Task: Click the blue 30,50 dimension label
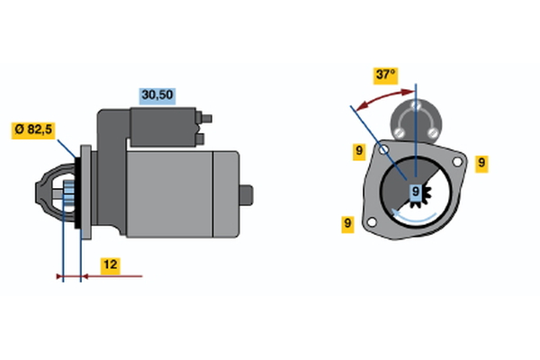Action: coord(157,94)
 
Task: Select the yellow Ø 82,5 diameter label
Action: coord(33,130)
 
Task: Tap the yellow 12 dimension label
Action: coord(109,265)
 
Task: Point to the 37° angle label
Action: coord(386,75)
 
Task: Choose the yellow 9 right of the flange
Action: coord(481,163)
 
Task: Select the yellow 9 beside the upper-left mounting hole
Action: coord(358,151)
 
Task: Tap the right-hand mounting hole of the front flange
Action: coord(458,163)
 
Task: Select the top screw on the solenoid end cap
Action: coord(416,105)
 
